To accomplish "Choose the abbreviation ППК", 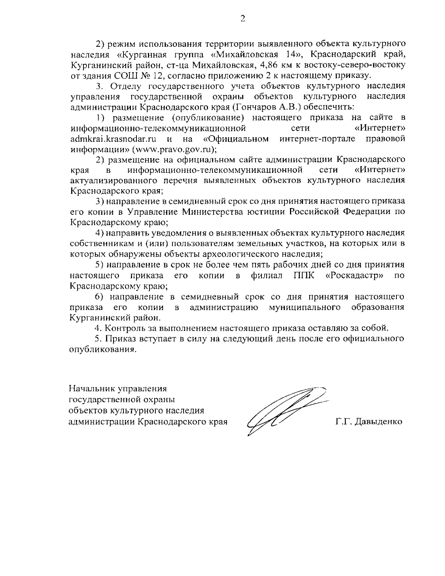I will point(303,276).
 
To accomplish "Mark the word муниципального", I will point(305,307).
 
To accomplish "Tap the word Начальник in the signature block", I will point(92,389).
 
